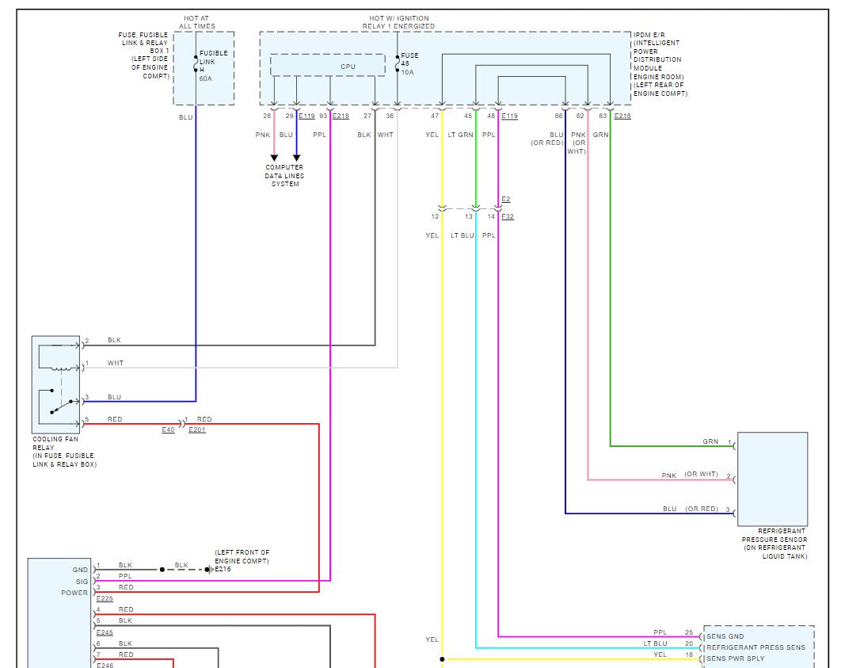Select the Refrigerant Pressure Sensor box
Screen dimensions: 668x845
click(x=772, y=479)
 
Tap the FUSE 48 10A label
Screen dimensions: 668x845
click(x=409, y=63)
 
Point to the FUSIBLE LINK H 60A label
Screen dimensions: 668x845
click(x=213, y=66)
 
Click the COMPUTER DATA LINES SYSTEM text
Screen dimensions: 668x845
click(x=284, y=176)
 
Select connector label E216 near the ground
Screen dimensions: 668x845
click(x=223, y=569)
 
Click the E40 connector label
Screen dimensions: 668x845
click(x=168, y=429)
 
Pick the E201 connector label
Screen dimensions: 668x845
click(x=196, y=429)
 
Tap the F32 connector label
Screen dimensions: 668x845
click(x=508, y=216)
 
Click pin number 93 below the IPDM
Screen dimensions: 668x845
click(x=322, y=116)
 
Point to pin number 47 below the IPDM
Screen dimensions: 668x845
click(x=434, y=116)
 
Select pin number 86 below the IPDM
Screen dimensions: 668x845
click(x=558, y=116)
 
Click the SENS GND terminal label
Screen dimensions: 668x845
click(x=725, y=636)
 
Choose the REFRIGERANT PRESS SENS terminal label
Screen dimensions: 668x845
click(x=756, y=647)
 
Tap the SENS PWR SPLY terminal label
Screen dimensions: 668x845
click(x=735, y=658)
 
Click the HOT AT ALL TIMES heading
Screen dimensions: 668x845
click(x=197, y=22)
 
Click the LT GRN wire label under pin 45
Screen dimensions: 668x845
click(x=460, y=135)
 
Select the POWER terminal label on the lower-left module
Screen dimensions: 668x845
click(x=74, y=593)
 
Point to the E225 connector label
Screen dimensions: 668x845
click(x=105, y=599)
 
